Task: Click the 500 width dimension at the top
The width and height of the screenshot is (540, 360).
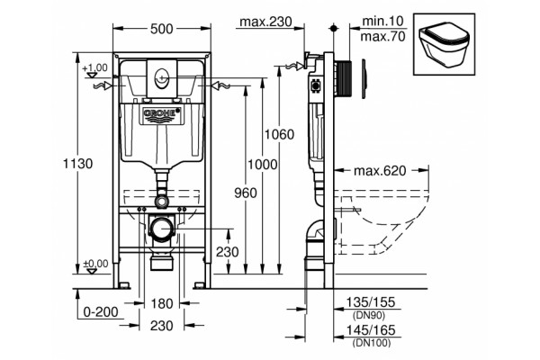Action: pos(161,29)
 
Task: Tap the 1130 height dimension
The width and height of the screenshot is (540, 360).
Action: pos(77,163)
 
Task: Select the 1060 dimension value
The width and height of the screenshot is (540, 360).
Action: pos(279,134)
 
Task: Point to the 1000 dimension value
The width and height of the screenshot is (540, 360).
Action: pos(263,165)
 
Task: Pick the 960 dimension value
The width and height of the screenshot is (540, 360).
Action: pos(246,193)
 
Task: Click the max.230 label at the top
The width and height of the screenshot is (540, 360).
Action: pos(265,22)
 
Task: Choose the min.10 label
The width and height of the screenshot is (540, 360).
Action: pos(382,21)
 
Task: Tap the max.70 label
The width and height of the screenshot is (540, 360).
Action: pos(383,36)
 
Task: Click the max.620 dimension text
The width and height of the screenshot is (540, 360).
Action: pos(380,170)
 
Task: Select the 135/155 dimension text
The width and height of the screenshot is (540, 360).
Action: pos(371,302)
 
